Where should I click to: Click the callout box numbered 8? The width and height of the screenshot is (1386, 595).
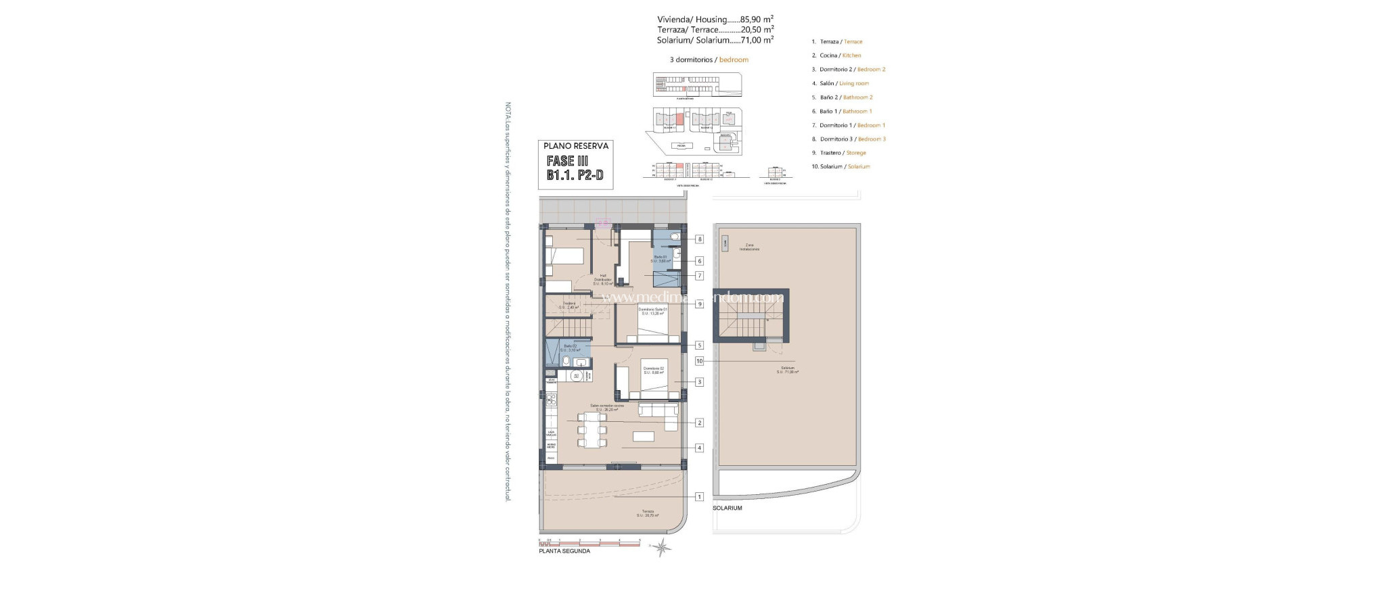pos(700,239)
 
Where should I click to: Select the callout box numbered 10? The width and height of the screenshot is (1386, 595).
pos(700,361)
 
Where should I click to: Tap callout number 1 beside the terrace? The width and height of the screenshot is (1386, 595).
pos(700,496)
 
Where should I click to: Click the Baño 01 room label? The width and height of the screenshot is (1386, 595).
pos(660,259)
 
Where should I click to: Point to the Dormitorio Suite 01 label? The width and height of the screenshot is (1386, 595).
pos(652,311)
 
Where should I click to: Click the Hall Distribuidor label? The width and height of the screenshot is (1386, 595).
pos(603,279)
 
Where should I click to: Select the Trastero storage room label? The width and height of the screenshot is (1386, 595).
pos(569,305)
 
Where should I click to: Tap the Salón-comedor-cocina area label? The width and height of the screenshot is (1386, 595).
pos(607,408)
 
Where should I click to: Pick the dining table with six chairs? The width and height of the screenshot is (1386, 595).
pos(592,430)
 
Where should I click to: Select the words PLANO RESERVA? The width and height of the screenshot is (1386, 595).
pos(576,146)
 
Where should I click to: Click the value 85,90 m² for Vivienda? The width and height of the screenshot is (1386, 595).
pos(757,20)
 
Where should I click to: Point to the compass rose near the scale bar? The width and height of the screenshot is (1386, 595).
pos(661,548)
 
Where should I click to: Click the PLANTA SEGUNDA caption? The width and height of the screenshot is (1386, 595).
pos(564,551)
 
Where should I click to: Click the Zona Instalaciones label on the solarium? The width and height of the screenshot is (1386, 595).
pos(749,247)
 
